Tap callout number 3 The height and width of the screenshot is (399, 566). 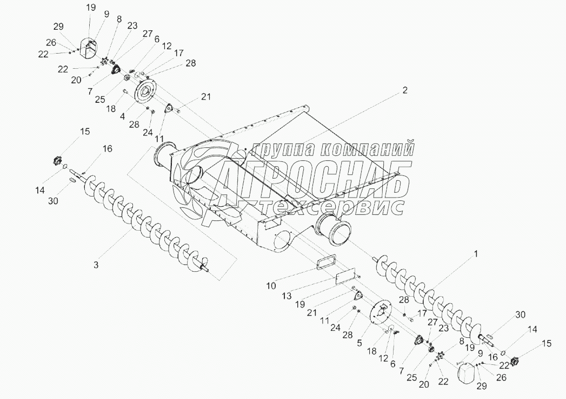[x=96, y=265]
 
